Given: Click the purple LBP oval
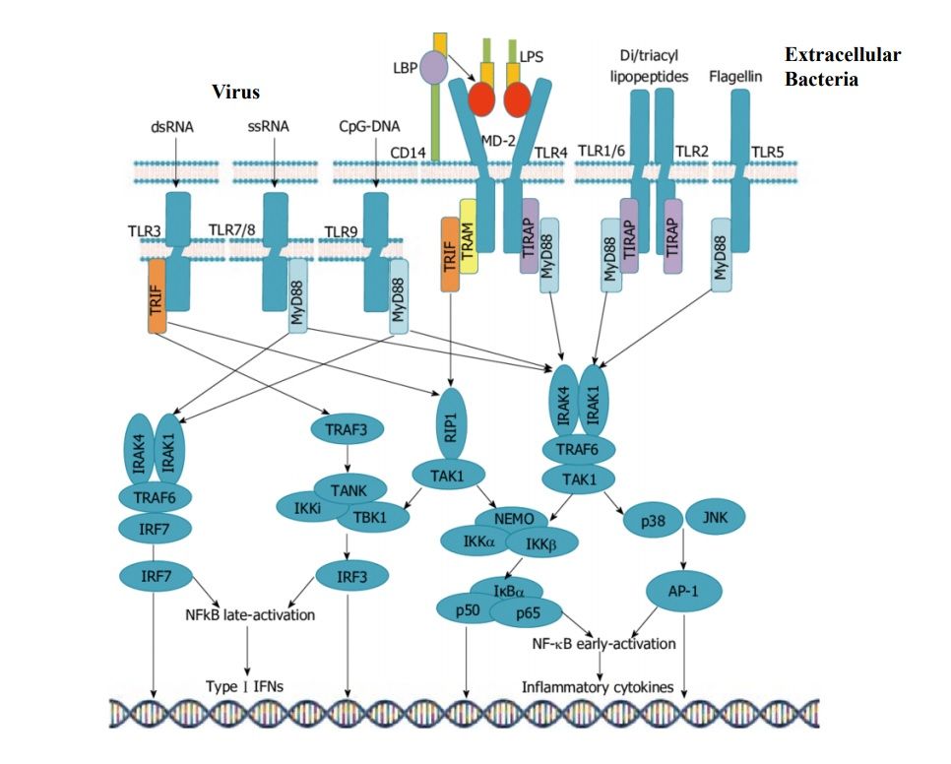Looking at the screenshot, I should (x=432, y=69).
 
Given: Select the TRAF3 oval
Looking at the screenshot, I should (x=344, y=429).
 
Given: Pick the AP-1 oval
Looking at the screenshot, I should (x=683, y=592).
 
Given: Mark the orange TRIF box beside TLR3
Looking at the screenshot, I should (x=157, y=294).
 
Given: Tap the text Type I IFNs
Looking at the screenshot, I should (x=245, y=686).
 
